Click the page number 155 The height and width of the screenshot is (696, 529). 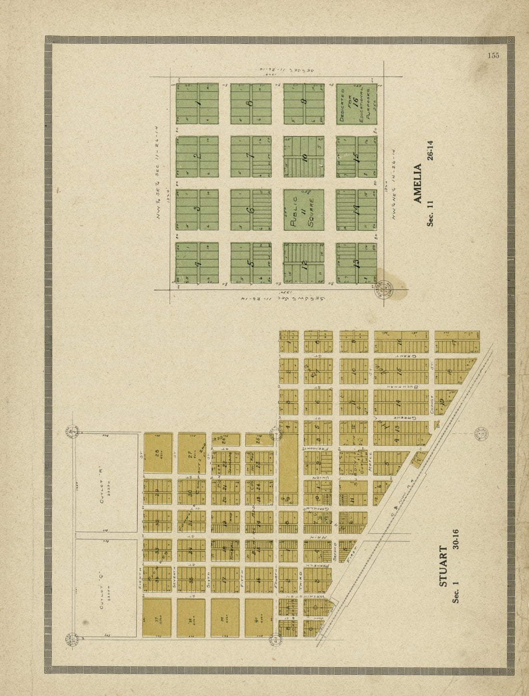tap(493, 55)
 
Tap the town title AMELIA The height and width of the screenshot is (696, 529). tap(417, 183)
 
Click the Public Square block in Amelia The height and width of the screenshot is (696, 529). tap(303, 210)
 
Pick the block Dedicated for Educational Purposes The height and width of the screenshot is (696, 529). tap(356, 104)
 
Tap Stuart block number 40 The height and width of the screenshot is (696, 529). tap(259, 618)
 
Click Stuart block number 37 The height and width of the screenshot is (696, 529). tap(157, 618)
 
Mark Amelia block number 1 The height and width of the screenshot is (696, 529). tap(197, 103)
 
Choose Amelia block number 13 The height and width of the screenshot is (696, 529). tap(356, 263)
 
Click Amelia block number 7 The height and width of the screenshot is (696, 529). tap(251, 156)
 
